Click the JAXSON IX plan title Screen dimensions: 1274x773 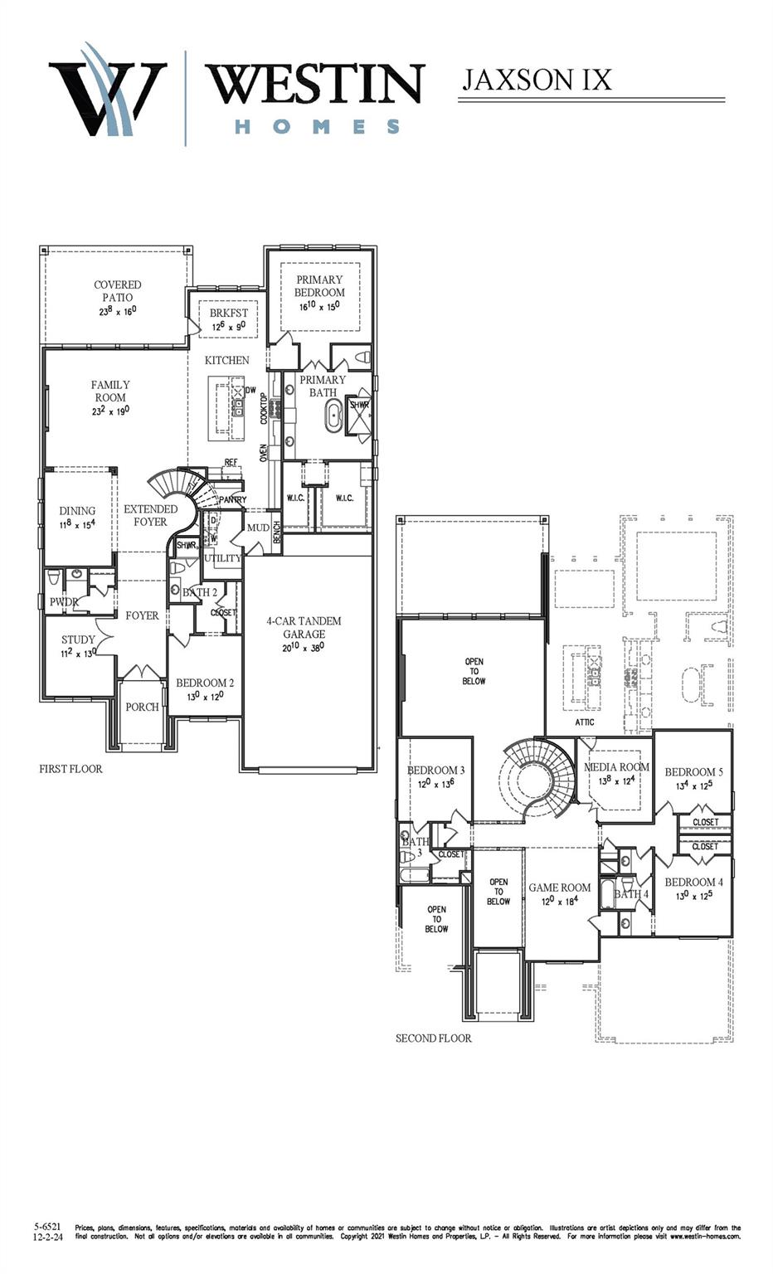(537, 80)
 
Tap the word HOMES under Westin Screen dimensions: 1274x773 (317, 127)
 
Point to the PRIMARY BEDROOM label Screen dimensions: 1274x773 (319, 287)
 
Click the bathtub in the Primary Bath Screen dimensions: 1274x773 (333, 416)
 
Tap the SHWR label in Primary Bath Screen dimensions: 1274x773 (359, 406)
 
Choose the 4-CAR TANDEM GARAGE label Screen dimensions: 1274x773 (304, 628)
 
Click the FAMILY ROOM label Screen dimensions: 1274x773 (110, 391)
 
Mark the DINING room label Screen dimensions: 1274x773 (77, 511)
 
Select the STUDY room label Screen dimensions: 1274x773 (78, 639)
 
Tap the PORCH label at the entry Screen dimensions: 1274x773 (142, 707)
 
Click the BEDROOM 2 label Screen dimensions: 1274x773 (205, 683)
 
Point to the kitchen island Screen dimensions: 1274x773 (226, 408)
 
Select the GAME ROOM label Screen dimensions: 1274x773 (560, 887)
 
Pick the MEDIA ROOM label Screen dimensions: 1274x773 (616, 767)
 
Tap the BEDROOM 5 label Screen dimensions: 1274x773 (693, 772)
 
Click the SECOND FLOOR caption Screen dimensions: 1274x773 (433, 1038)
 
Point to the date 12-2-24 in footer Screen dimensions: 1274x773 (47, 1236)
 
